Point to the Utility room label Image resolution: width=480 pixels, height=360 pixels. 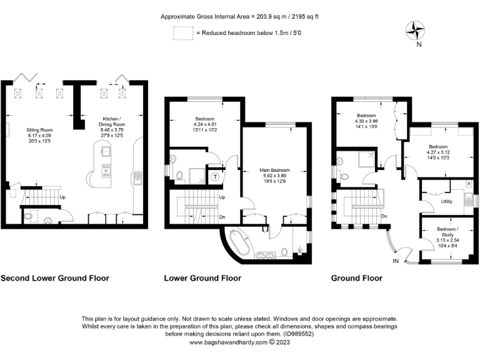446,202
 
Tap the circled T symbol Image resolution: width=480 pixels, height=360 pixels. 216,177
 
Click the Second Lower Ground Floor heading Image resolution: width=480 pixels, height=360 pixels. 54,278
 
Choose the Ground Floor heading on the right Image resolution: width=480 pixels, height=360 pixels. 357,278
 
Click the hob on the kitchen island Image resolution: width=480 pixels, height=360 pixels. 106,168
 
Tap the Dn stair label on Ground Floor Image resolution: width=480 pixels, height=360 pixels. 384,217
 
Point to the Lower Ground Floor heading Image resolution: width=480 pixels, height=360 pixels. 202,278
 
